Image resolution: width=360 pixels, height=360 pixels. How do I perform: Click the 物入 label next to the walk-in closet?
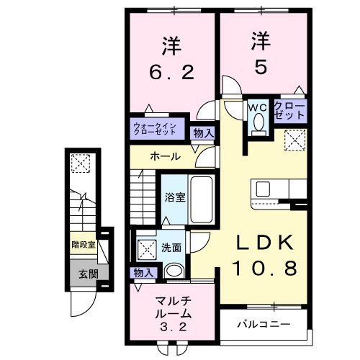coord(203,132)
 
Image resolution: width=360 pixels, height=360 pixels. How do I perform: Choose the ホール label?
coord(164,156)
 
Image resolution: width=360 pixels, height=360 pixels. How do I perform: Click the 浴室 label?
coord(174,197)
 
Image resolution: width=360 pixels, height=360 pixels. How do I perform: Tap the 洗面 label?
coord(171,247)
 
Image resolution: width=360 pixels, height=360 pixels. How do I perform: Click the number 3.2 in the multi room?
coord(171,325)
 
